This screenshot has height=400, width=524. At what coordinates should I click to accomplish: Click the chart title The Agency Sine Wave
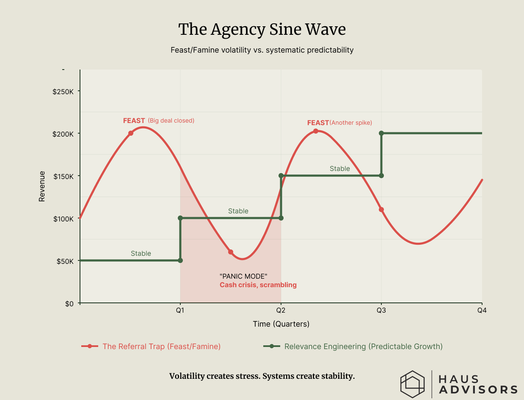point(262,30)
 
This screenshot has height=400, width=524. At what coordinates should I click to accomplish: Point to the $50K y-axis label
point(66,261)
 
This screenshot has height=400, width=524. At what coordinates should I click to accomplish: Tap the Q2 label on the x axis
point(281,310)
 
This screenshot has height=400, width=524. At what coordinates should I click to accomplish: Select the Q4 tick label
point(482,310)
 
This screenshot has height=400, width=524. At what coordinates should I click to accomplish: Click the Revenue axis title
point(42,186)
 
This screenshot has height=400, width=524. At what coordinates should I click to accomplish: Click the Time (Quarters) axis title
point(281,324)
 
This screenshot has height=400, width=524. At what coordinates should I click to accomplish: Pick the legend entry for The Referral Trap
point(161,347)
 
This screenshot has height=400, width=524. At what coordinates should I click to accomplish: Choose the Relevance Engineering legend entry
point(363,347)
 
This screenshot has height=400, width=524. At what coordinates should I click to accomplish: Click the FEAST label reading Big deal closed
point(158,121)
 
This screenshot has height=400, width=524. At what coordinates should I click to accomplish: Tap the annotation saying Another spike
point(350,123)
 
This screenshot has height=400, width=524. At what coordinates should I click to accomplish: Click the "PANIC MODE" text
point(243,276)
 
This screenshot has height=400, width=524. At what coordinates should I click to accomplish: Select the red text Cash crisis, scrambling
point(258,285)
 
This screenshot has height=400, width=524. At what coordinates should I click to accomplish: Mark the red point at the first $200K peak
point(131,133)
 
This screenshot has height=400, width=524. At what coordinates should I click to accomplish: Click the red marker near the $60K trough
point(231,252)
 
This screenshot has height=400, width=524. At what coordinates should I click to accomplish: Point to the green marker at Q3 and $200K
point(381,133)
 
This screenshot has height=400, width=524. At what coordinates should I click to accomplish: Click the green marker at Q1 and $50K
point(180,260)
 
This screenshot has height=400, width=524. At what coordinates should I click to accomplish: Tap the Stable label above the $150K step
point(340,169)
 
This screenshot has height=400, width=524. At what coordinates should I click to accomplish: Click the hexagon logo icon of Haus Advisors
point(412,384)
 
